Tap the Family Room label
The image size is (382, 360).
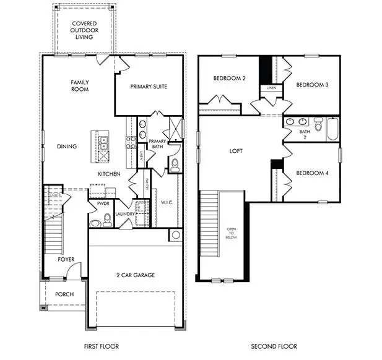point(80,85)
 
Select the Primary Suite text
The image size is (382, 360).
point(149,87)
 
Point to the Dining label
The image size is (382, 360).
point(67,147)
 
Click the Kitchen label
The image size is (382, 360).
point(108,174)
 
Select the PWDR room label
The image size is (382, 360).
point(103,203)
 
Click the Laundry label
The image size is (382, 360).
point(124,214)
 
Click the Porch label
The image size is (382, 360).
point(64,294)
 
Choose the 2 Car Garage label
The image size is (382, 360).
point(136,275)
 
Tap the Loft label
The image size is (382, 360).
point(235,150)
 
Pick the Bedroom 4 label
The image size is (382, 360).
point(311,173)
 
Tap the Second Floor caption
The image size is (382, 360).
point(274,346)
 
